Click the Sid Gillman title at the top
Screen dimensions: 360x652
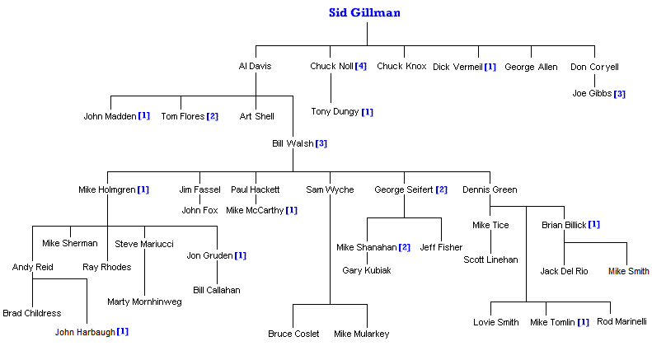coord(365,12)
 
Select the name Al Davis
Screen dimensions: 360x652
coord(255,67)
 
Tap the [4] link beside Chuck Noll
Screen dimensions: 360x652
coord(360,67)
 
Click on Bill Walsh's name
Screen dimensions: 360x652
coord(293,143)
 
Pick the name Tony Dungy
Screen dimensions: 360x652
coord(335,111)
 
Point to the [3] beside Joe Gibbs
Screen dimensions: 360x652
coord(619,94)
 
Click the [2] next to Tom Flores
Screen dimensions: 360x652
coord(212,116)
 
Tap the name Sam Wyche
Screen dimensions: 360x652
coord(330,190)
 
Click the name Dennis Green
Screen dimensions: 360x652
coord(490,190)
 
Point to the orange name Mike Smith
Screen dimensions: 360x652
coord(628,271)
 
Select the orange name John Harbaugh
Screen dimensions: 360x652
coord(85,332)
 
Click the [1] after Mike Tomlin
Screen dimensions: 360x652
coord(583,322)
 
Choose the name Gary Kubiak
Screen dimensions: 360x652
coord(367,270)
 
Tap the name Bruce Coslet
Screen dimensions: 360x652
coord(293,334)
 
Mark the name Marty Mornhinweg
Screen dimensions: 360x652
coord(144,302)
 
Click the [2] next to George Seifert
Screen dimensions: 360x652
coord(441,190)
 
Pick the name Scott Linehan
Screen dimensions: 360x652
coord(490,259)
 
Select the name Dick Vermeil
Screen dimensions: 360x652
coord(457,67)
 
